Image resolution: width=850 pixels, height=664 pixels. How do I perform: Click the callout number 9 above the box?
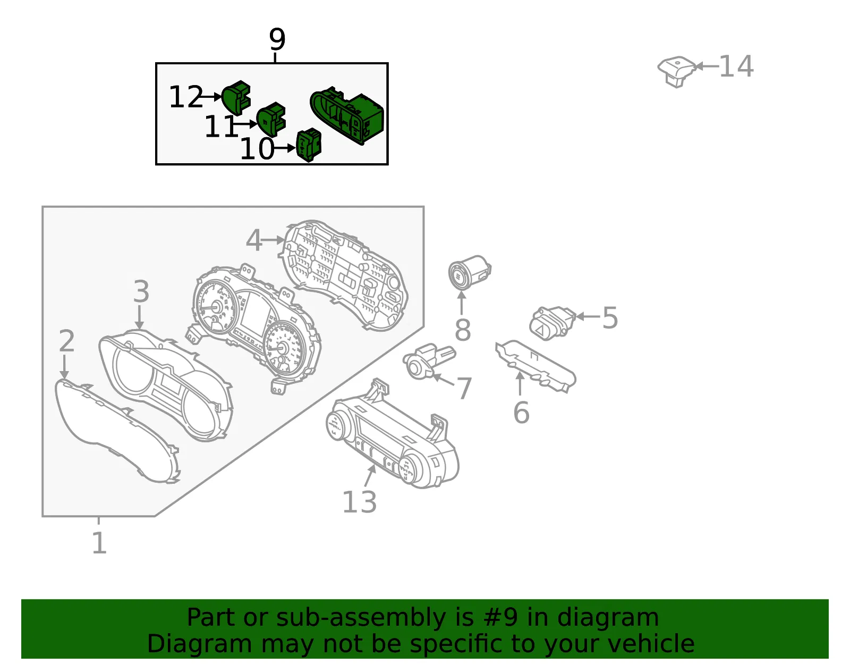pos(277,39)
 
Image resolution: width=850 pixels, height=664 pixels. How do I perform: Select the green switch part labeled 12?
pos(236,97)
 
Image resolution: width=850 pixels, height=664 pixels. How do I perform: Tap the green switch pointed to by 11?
pos(271,119)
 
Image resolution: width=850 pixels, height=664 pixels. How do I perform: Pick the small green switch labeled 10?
pos(309,145)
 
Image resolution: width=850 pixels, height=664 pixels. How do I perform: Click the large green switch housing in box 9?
pos(346,115)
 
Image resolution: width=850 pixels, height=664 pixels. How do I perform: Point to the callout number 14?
pos(736,66)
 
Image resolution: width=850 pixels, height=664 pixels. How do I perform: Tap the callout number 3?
pos(141,291)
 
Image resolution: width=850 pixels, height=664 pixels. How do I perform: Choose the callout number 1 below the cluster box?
pos(99,543)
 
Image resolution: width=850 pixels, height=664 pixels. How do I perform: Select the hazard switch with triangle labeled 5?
pos(552,323)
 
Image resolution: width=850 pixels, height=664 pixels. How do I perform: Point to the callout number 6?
pos(521,413)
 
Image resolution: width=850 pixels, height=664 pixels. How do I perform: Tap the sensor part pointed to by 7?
pos(428,361)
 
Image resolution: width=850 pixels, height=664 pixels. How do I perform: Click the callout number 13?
pos(359,502)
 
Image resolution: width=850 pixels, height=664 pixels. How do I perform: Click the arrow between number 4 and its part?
pos(273,240)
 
